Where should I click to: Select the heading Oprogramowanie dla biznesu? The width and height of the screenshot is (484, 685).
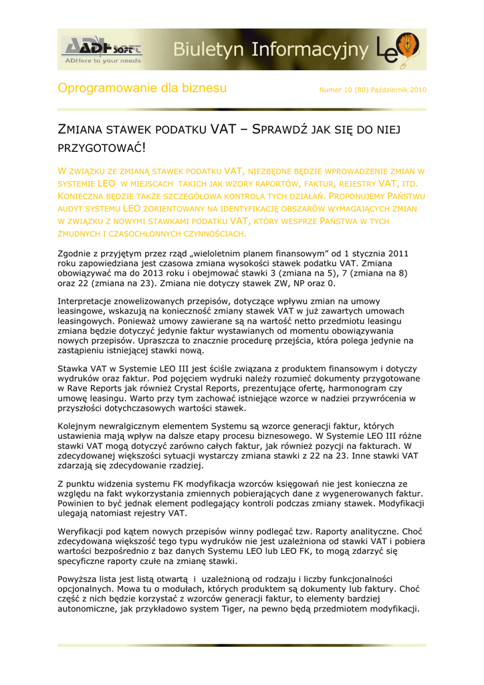coord(142,88)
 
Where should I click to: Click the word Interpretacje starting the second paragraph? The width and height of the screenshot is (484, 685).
coord(88,302)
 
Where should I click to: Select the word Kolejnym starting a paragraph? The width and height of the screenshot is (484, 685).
coord(80,426)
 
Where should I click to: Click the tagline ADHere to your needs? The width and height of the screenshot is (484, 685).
coord(102,60)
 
